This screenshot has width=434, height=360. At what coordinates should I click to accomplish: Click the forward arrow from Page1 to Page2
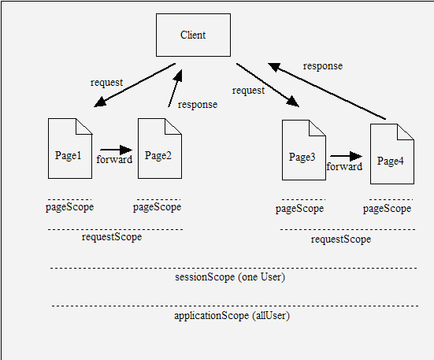tap(117, 150)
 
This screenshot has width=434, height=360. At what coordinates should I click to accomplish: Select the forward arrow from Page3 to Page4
tap(346, 156)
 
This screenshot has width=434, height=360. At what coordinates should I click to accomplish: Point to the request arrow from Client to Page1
tap(135, 85)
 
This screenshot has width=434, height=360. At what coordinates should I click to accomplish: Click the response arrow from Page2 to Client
tap(175, 88)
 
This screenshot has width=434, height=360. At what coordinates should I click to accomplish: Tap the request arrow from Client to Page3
tap(268, 85)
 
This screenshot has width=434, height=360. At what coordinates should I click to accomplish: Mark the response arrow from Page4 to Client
tap(327, 91)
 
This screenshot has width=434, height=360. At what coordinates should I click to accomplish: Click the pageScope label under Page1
tap(70, 207)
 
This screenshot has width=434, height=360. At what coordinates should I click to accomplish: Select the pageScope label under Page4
tap(387, 209)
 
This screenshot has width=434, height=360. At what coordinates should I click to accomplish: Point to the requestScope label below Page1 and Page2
tap(112, 237)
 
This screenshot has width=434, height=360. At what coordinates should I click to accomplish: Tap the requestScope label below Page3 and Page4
tap(341, 239)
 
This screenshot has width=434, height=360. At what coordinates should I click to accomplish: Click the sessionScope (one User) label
tap(230, 277)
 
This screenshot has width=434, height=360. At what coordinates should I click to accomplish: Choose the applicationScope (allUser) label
tap(232, 315)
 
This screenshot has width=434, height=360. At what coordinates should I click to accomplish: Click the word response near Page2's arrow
tap(198, 105)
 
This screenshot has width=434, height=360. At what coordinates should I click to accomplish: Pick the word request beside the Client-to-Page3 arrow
tap(248, 91)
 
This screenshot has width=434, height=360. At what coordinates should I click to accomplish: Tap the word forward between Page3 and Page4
tap(344, 166)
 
